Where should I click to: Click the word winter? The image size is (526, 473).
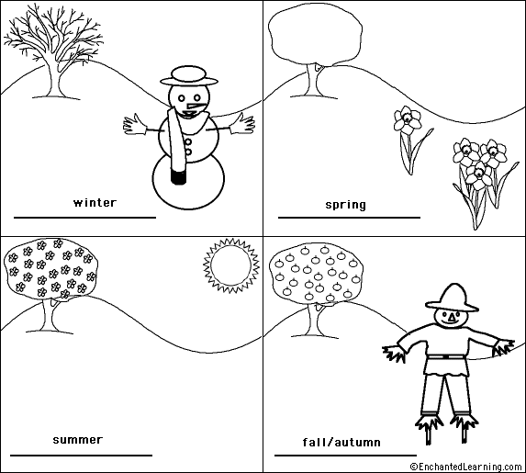pos(95,203)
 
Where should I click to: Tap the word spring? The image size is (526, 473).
pos(345,205)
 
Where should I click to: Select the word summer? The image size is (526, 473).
pos(78,440)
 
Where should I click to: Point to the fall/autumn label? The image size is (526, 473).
pos(341,442)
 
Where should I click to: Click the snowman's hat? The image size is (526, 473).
pos(189,75)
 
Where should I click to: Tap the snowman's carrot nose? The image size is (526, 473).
pos(194,107)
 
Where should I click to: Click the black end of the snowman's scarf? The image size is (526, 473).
pos(178,176)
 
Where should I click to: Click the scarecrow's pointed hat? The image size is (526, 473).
pos(452,298)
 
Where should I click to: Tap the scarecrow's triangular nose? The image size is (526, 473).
pos(453,316)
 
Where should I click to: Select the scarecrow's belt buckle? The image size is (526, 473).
pos(445,356)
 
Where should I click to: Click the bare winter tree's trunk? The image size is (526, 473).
pos(53,78)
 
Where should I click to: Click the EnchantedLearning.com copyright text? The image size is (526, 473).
pos(467,467)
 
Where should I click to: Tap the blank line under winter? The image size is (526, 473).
pos(84,218)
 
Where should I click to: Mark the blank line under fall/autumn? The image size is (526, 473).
pos(345,456)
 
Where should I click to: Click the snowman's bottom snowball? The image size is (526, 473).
pos(188,182)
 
